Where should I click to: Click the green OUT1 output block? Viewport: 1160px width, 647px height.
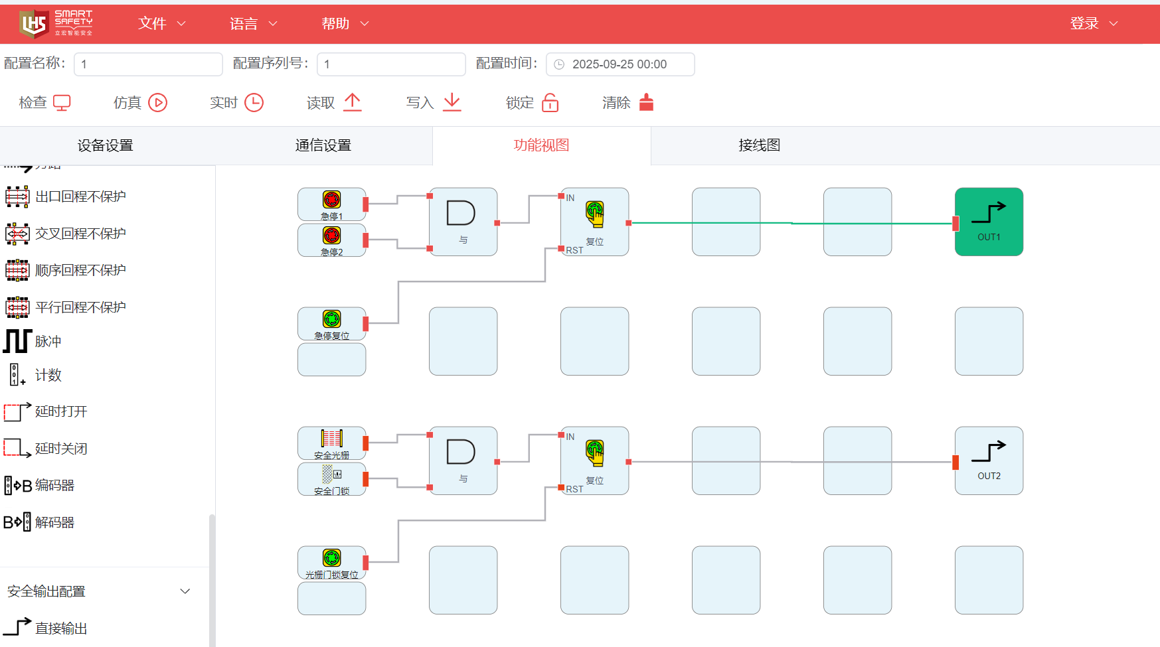tap(989, 222)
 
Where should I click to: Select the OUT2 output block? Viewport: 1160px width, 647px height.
tap(989, 461)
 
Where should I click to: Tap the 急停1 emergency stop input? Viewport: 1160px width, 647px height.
tap(331, 204)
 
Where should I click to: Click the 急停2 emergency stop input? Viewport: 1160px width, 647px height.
tap(331, 240)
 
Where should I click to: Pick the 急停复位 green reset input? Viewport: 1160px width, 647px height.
tap(331, 323)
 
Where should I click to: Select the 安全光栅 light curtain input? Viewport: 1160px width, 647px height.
tap(331, 443)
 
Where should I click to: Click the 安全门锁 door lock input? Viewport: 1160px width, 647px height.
tap(331, 478)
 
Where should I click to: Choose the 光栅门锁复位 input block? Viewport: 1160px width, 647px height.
tap(331, 562)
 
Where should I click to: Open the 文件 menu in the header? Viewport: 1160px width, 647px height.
tap(161, 24)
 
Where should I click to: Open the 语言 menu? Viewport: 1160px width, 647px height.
tap(253, 24)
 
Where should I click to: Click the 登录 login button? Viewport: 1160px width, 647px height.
tap(1093, 24)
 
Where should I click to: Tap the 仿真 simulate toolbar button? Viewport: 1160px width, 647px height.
tap(140, 103)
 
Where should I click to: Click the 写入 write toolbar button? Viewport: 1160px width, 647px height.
tap(433, 103)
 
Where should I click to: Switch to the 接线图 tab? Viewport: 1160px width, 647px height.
tap(759, 145)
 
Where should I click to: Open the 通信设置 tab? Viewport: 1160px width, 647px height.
tap(323, 145)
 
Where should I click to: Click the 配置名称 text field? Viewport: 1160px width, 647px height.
tap(148, 64)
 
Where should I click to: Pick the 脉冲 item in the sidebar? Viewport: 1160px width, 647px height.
tap(48, 341)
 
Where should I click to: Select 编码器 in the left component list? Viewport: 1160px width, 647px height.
tap(54, 485)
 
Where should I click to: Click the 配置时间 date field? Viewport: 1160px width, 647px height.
tap(620, 64)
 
